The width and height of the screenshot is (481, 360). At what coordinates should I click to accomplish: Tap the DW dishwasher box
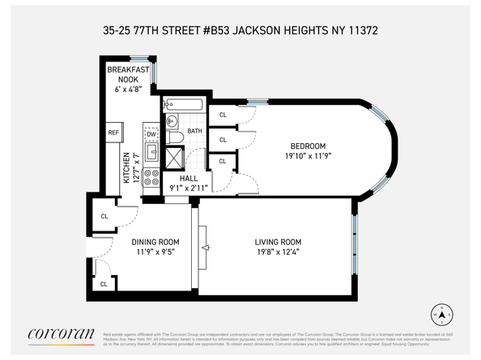[x=151, y=134]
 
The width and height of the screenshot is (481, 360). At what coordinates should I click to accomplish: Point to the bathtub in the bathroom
[x=185, y=104]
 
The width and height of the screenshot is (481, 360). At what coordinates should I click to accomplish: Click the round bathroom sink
[x=171, y=122]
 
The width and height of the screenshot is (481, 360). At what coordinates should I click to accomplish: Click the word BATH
[x=195, y=131]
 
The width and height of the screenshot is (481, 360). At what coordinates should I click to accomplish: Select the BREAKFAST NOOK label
[x=128, y=75]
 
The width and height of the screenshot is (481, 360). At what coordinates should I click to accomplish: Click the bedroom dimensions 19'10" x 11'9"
[x=310, y=156]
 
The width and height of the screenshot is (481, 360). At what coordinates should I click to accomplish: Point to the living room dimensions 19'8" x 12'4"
[x=278, y=252]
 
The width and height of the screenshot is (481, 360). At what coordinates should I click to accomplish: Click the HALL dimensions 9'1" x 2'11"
[x=188, y=188]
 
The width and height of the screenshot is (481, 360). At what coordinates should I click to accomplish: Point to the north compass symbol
[x=441, y=314]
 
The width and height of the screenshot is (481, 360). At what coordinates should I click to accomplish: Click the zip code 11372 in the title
[x=362, y=30]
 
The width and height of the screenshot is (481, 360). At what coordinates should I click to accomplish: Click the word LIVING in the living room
[x=267, y=241]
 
